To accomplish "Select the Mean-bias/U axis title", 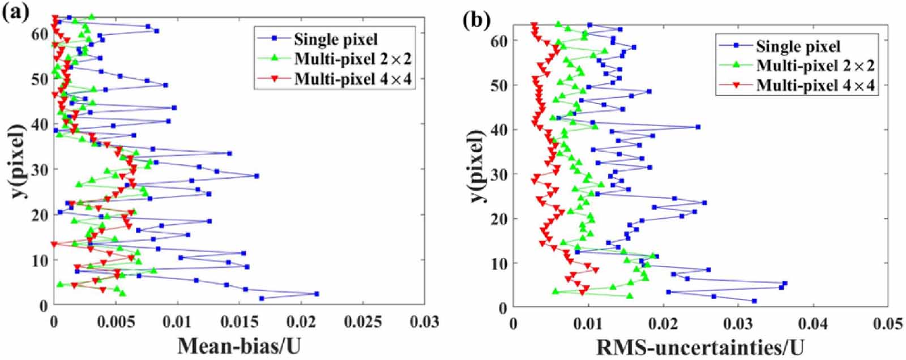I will coord(238,346).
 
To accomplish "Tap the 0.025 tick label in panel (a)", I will coord(362,322).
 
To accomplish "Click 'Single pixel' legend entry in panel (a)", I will coord(335,39).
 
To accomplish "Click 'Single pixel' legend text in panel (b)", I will coord(798,46).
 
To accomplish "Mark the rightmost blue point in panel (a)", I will coord(317,294).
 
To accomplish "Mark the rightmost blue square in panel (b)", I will coord(785,283).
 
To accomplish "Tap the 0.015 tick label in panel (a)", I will coord(239,322).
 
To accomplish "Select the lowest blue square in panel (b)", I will coord(754,301).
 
